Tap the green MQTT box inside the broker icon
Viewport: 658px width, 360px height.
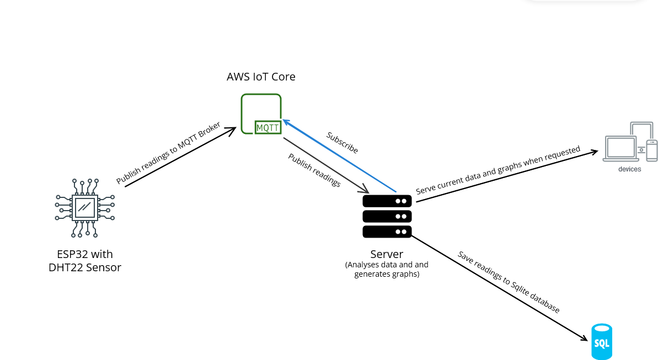(268, 128)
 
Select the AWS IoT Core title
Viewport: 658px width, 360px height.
(261, 77)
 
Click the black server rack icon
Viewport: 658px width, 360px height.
(387, 216)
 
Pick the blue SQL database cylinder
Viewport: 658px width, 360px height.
(602, 342)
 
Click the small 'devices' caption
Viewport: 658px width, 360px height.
(629, 169)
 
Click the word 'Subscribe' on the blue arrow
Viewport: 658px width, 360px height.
(342, 142)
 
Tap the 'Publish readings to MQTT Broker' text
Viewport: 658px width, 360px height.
(168, 153)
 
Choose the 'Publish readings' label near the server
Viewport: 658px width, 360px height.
(314, 170)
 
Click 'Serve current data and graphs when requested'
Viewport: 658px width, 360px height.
(498, 170)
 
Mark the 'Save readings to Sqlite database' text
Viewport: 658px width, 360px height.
(509, 282)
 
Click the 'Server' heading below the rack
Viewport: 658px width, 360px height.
(387, 254)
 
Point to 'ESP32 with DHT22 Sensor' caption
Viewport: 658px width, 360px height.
(85, 261)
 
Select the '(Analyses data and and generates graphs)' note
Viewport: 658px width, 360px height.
(387, 269)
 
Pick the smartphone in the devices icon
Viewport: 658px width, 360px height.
(652, 151)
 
